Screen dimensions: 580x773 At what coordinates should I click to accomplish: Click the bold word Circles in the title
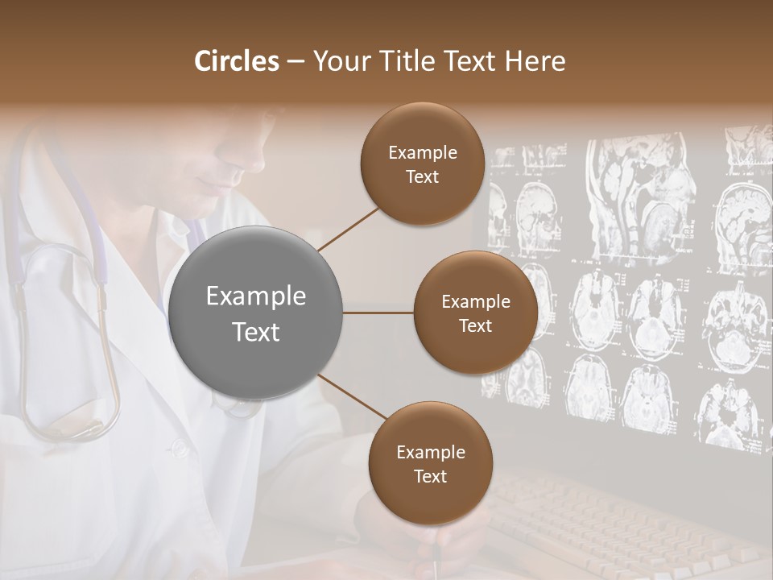(237, 61)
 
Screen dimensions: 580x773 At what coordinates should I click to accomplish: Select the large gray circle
(255, 313)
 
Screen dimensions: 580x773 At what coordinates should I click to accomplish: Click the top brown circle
(422, 164)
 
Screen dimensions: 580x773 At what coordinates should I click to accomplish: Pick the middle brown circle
(475, 313)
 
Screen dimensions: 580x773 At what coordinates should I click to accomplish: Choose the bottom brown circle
(430, 463)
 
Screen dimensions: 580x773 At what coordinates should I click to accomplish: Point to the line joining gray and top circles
(349, 229)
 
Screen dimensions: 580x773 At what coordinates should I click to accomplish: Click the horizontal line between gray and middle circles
(378, 313)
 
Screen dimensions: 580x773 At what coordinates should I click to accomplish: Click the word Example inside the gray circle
(255, 296)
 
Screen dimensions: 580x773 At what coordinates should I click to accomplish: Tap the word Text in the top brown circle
(422, 176)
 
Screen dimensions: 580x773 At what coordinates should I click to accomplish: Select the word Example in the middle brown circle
(475, 301)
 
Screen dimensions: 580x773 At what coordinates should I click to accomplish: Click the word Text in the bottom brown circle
(430, 476)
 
